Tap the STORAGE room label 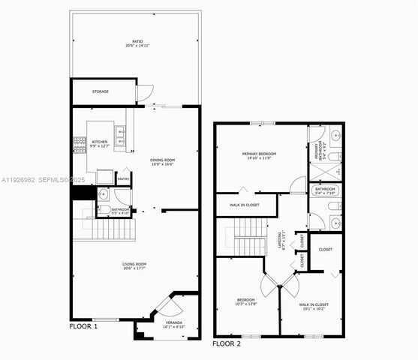(101, 91)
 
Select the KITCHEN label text (100, 141)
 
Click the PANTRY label (124, 178)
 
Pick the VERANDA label (173, 323)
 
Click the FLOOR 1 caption (83, 327)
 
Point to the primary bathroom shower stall (325, 170)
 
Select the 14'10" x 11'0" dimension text (260, 159)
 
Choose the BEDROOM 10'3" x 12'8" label (246, 301)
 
